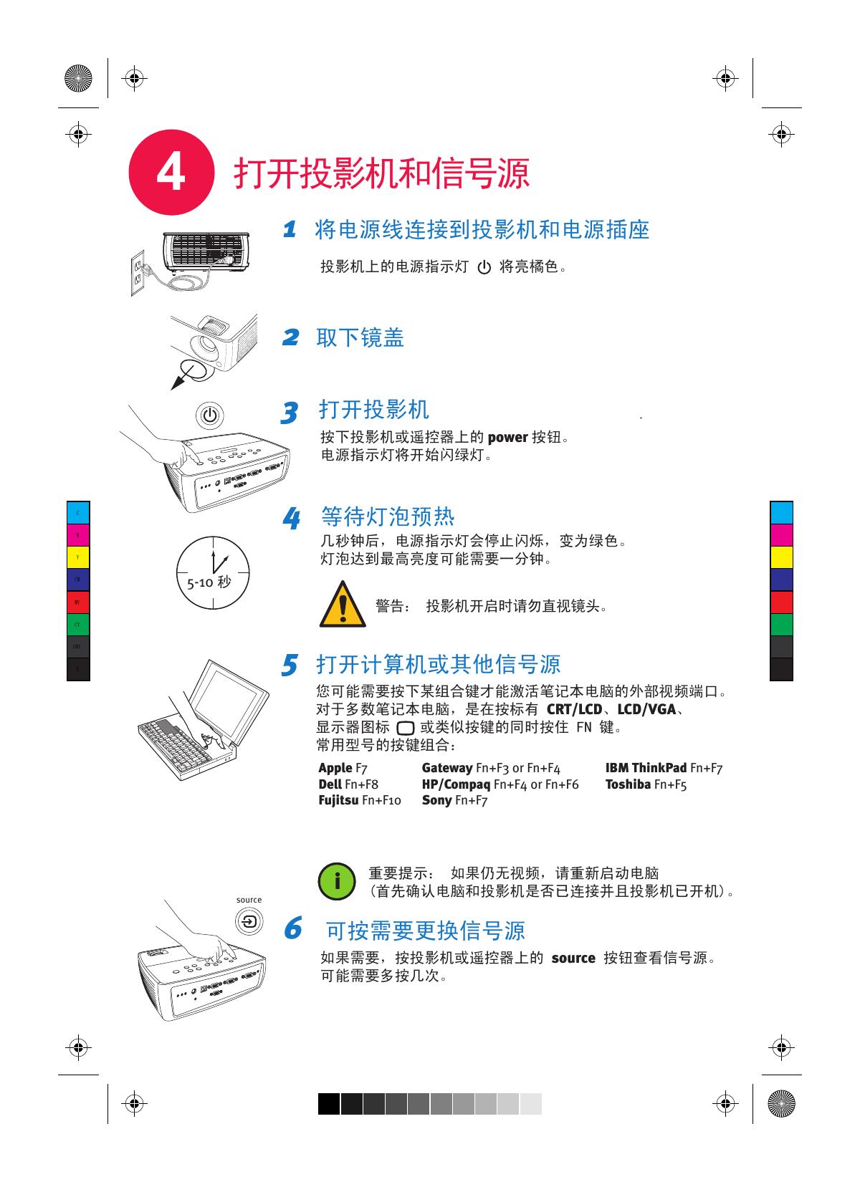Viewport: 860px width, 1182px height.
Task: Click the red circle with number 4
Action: click(171, 173)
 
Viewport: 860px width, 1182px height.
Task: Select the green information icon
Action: click(337, 881)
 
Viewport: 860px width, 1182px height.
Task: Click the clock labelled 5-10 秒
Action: click(213, 573)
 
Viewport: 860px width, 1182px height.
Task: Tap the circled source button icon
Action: click(249, 921)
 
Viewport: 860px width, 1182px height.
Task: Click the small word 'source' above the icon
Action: click(249, 900)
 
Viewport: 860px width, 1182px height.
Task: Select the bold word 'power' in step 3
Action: click(507, 438)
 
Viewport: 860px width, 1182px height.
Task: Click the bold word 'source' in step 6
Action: click(573, 958)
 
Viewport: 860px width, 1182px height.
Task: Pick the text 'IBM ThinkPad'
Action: click(646, 768)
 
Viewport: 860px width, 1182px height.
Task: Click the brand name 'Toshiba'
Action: click(628, 784)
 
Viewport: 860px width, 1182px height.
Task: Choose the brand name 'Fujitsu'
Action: click(338, 800)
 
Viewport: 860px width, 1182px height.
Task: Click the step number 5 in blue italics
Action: click(289, 665)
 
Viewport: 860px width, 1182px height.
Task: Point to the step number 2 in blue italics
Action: click(290, 337)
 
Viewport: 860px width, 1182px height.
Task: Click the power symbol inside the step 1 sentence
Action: click(484, 269)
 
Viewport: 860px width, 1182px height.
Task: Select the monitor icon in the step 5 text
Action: click(405, 729)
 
